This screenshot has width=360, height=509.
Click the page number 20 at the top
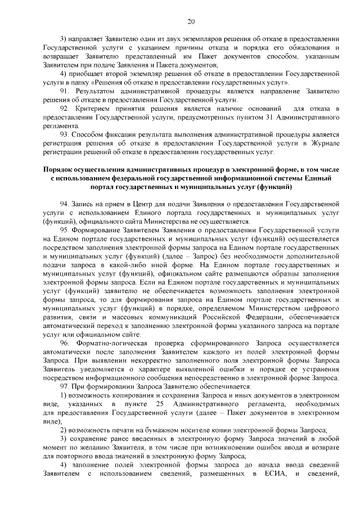coord(191,21)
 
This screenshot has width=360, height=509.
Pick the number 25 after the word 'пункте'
coord(160,404)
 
